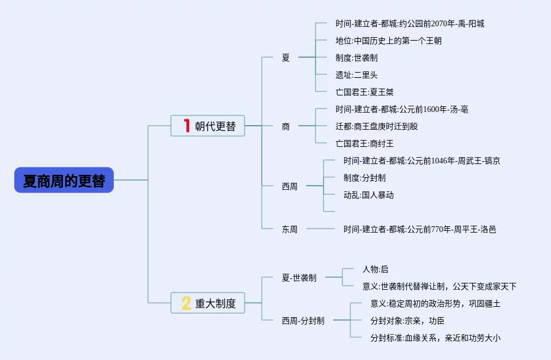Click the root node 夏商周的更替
pyautogui.click(x=64, y=180)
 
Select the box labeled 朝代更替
pyautogui.click(x=208, y=126)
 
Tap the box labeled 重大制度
pyautogui.click(x=208, y=303)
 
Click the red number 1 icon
pyautogui.click(x=186, y=126)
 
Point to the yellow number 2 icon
pyautogui.click(x=186, y=303)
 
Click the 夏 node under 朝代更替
pyautogui.click(x=286, y=58)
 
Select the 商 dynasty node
pyautogui.click(x=286, y=126)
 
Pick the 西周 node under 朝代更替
pyautogui.click(x=290, y=186)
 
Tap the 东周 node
pyautogui.click(x=290, y=229)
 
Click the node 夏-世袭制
pyautogui.click(x=299, y=278)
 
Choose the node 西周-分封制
pyautogui.click(x=303, y=321)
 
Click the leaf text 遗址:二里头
pyautogui.click(x=357, y=75)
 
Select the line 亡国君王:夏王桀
pyautogui.click(x=365, y=92)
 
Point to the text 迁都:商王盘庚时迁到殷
pyautogui.click(x=377, y=126)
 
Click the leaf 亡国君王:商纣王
pyautogui.click(x=365, y=143)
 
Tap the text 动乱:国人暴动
pyautogui.click(x=369, y=195)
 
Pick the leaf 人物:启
pyautogui.click(x=375, y=269)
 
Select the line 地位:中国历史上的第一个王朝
pyautogui.click(x=389, y=41)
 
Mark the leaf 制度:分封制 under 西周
pyautogui.click(x=365, y=178)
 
